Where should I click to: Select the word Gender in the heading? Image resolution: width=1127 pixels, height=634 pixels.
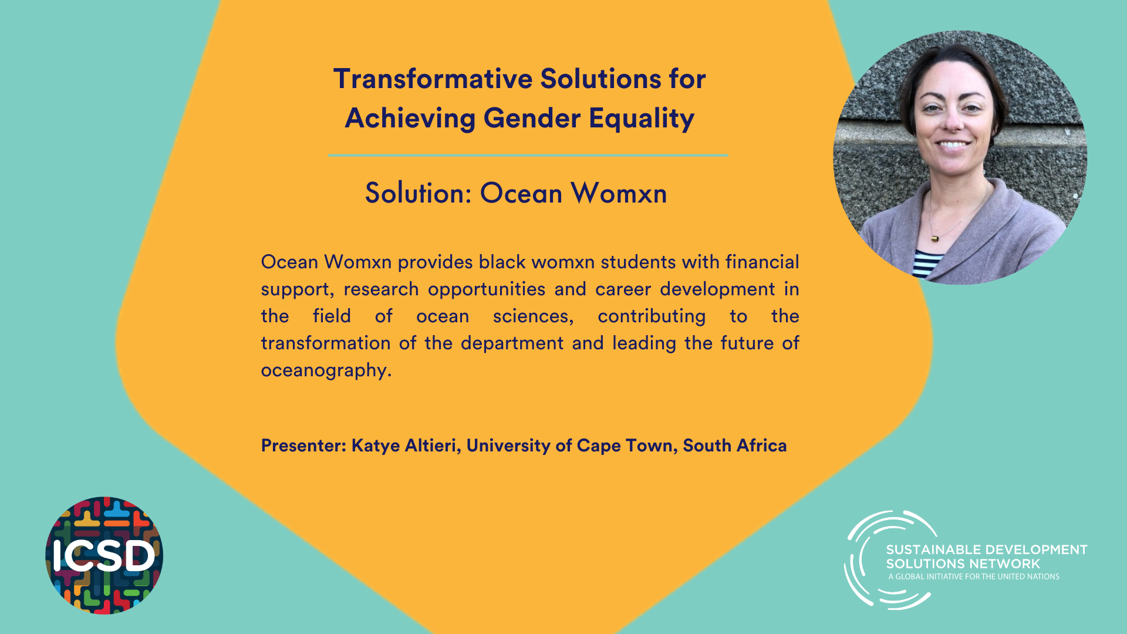(532, 118)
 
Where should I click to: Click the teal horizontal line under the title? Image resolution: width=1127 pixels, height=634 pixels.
(528, 156)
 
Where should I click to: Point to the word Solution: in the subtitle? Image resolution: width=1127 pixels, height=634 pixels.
(419, 193)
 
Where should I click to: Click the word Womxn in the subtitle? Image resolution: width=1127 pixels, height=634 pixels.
(619, 193)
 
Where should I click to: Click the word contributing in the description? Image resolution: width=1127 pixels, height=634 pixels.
(652, 316)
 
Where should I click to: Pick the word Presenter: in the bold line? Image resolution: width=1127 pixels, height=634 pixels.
(303, 446)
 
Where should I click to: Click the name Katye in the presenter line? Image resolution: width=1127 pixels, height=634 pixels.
(375, 446)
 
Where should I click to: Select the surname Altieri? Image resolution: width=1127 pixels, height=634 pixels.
(431, 446)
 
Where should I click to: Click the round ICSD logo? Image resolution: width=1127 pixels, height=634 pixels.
(104, 555)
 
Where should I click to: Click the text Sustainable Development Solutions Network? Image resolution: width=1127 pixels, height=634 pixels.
(986, 557)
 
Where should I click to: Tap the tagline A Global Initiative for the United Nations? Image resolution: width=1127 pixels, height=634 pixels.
(974, 576)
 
